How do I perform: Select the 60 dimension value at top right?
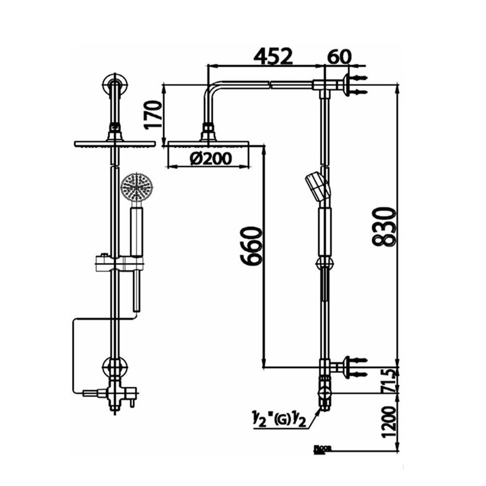[x=339, y=56]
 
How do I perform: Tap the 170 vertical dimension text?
[x=153, y=114]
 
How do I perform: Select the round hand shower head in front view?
[x=137, y=188]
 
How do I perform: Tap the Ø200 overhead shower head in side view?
[x=208, y=143]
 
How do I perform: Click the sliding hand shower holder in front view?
[x=119, y=264]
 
